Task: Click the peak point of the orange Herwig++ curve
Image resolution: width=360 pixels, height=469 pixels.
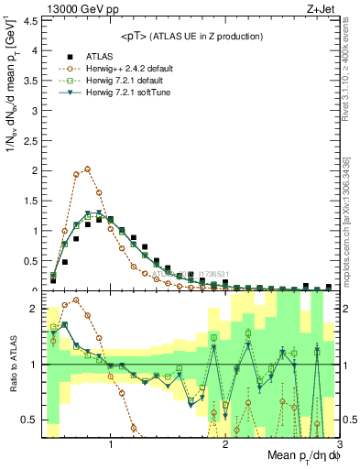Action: coord(87,169)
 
